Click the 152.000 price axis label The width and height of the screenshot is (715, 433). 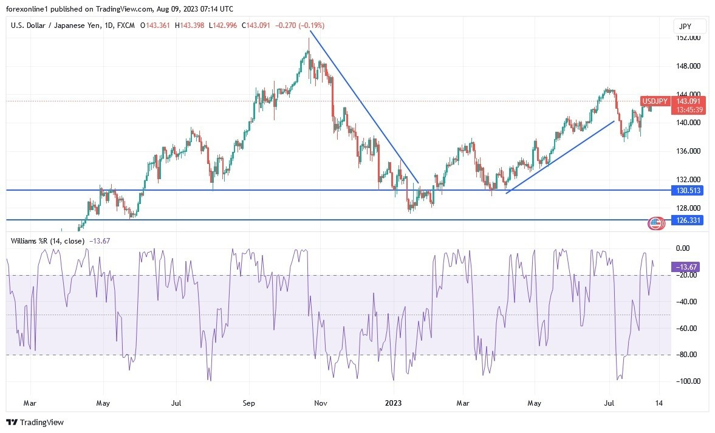point(688,38)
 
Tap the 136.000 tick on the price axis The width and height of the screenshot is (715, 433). point(688,151)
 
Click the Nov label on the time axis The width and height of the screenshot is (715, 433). point(321,403)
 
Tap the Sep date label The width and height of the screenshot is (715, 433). point(248,403)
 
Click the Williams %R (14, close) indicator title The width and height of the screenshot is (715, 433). point(47,240)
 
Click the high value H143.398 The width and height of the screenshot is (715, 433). point(190,26)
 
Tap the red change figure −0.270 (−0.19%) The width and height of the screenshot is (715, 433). point(300,26)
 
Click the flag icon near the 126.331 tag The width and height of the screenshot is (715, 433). point(655,223)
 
